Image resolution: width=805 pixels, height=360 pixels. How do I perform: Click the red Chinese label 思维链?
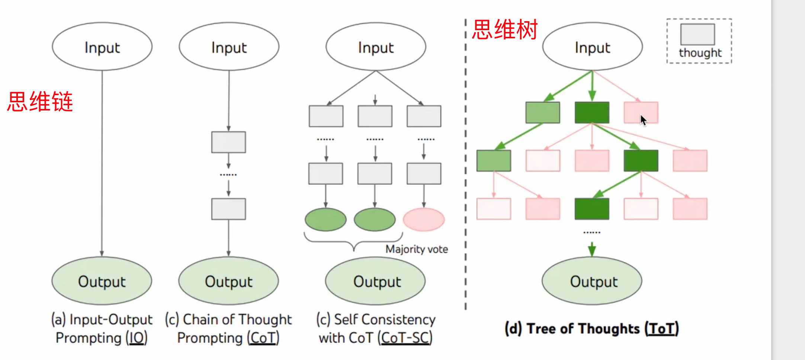coord(40,102)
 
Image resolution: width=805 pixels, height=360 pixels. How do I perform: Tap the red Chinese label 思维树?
coord(505,29)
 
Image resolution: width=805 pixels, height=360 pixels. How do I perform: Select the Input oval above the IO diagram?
coord(102,46)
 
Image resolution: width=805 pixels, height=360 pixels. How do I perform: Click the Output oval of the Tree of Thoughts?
coord(592,281)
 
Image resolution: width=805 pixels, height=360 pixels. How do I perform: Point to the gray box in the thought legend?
coord(697,34)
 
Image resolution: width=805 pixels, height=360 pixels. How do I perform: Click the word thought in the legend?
coord(700,53)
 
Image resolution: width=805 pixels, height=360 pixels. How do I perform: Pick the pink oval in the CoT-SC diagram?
coord(424,219)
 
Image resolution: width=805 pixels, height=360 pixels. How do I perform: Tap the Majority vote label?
coord(417,249)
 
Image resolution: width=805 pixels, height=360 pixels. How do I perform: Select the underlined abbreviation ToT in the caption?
coord(661,329)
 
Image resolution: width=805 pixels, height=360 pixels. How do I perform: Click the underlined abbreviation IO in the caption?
coord(136,338)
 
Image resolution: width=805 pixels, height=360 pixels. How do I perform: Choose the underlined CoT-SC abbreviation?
coord(405,338)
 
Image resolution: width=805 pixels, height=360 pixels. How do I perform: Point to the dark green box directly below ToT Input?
coord(592,112)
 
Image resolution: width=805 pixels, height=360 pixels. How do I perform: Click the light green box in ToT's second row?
coord(543,112)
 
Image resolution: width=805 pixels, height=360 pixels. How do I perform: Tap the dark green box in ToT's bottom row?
coord(592,209)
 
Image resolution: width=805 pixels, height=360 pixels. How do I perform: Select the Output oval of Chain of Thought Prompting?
coord(229,281)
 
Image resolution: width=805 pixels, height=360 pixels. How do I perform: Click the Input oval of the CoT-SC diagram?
coord(376,46)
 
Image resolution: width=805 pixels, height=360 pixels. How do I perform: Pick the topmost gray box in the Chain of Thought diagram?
coord(228,142)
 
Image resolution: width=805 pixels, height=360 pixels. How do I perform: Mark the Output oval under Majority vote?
coord(375,281)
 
